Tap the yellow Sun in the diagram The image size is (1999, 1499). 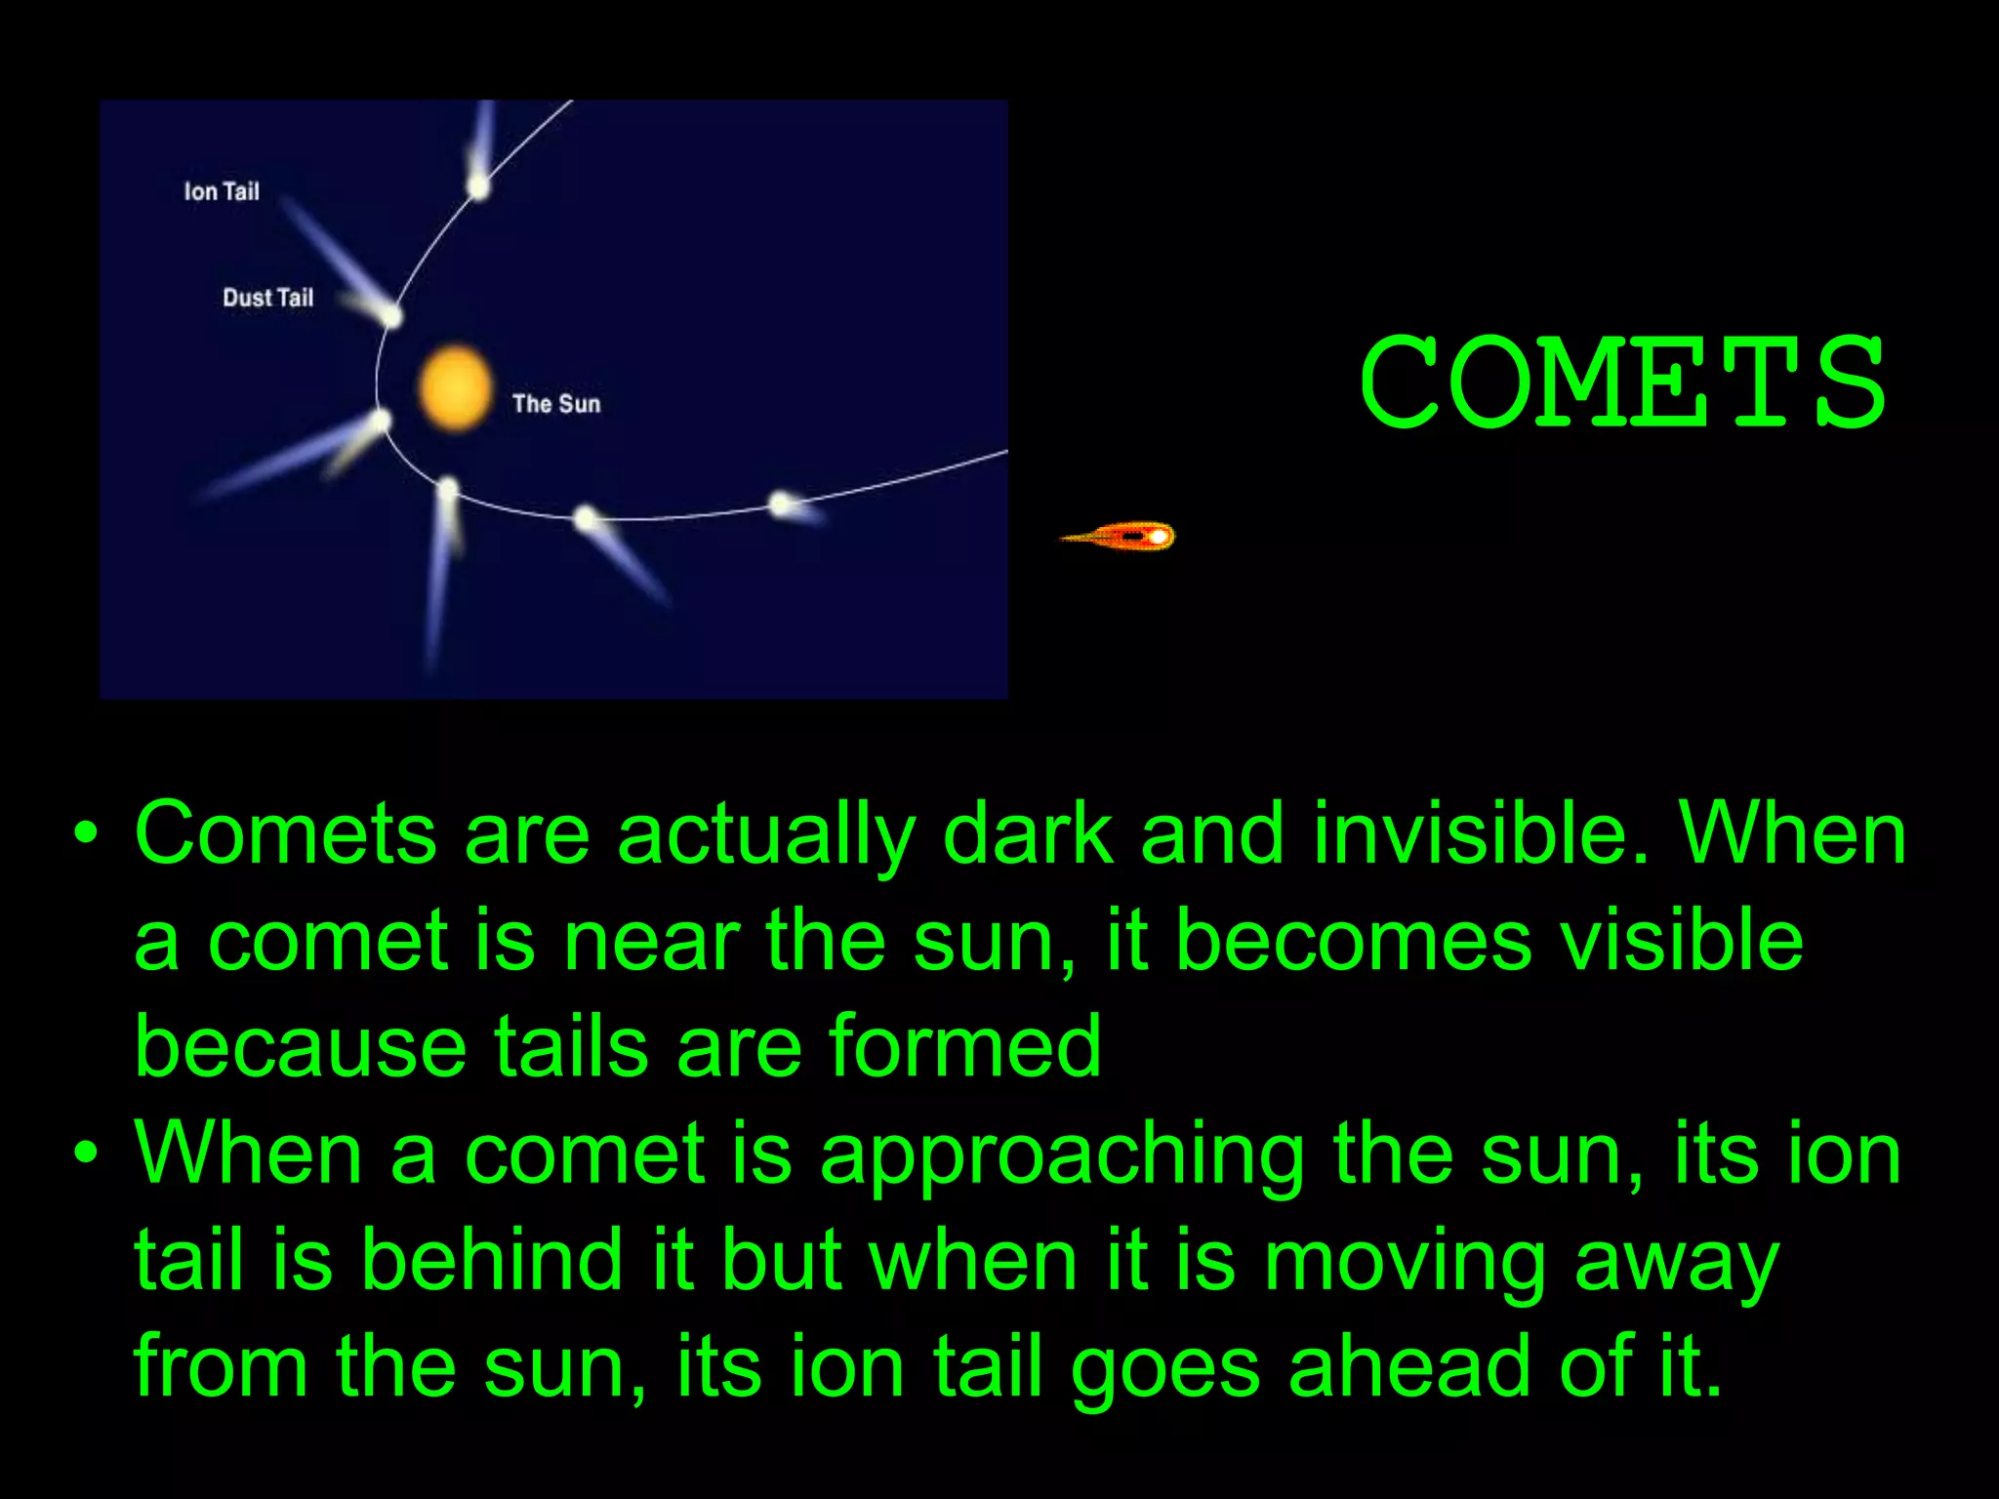click(454, 387)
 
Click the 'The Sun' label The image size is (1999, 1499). click(555, 403)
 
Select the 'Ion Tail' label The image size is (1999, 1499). click(222, 191)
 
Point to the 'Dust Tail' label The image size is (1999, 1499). click(267, 298)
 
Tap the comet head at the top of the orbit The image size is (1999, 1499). click(478, 184)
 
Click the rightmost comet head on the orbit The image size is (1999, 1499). click(781, 504)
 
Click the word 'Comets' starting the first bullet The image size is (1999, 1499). click(285, 834)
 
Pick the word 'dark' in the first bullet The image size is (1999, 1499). click(1027, 834)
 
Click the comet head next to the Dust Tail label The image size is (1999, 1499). click(391, 315)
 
